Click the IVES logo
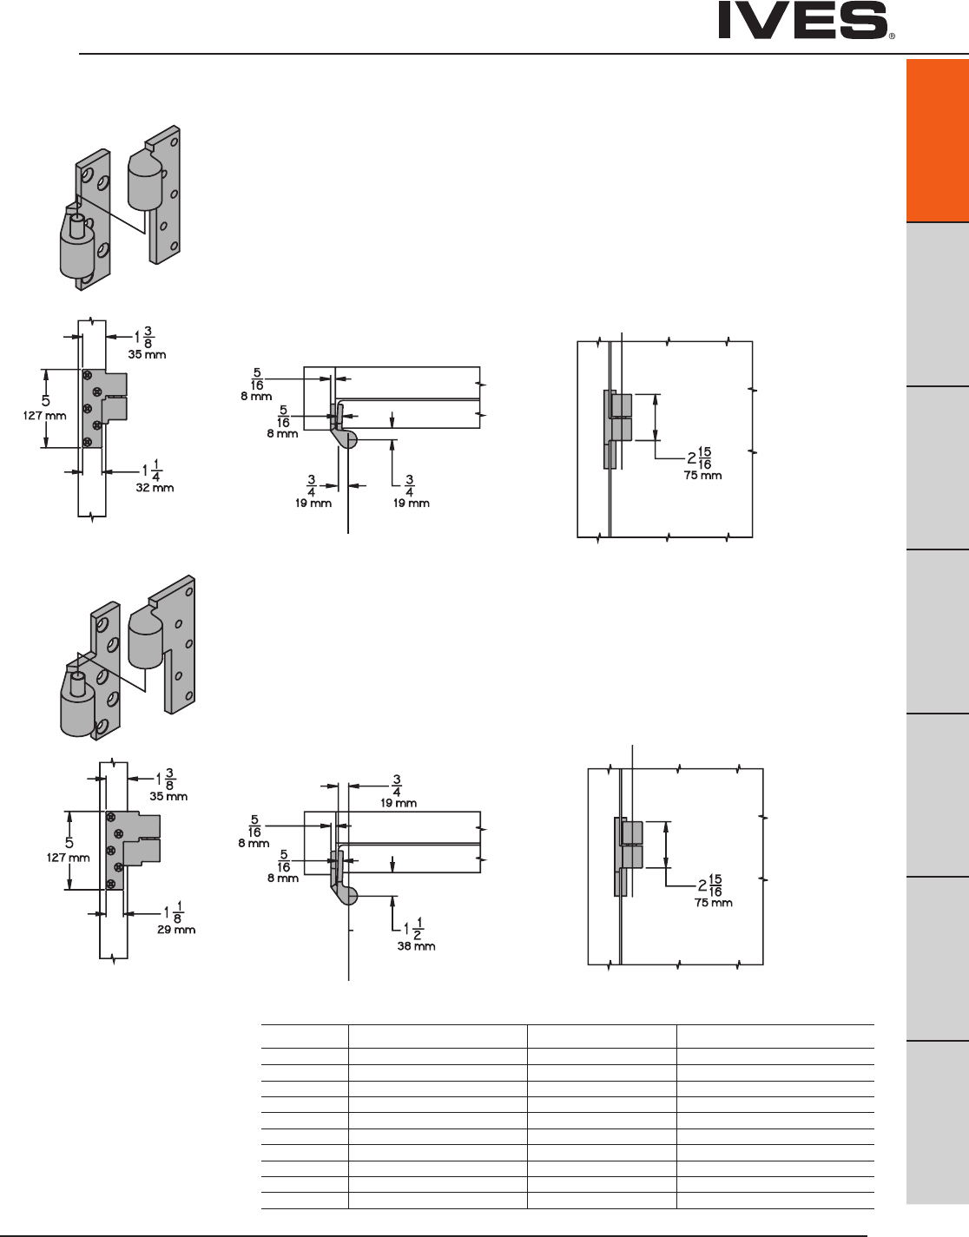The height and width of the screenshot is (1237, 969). tap(803, 20)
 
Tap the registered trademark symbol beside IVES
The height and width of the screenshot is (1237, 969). tap(892, 36)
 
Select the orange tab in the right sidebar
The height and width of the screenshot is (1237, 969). tap(938, 140)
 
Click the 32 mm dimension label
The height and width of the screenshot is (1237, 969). tap(155, 488)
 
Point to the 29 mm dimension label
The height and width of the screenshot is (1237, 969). tap(176, 930)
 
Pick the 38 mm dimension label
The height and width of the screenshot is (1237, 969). tap(416, 946)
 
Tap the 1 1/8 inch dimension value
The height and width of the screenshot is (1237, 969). tap(174, 912)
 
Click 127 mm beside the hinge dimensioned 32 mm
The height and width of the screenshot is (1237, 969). tap(44, 416)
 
